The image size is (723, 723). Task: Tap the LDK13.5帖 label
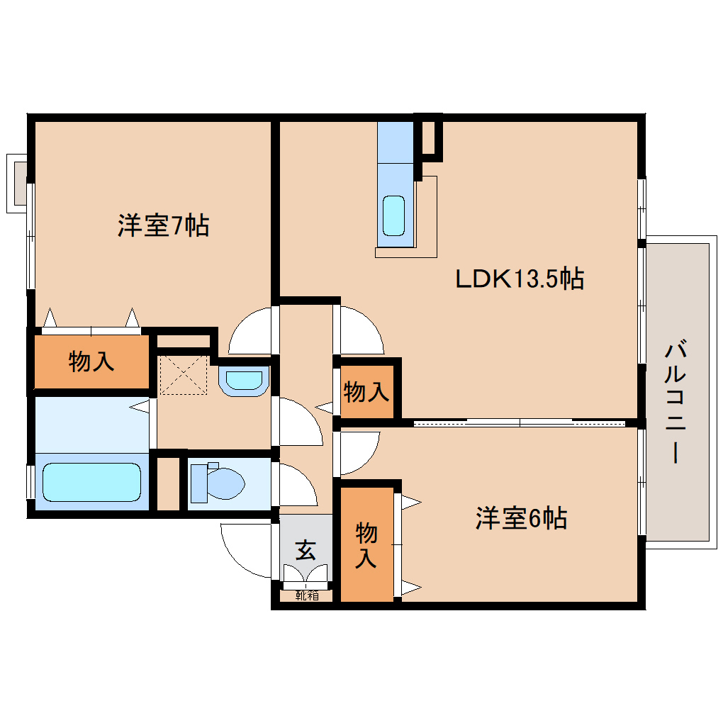click(519, 279)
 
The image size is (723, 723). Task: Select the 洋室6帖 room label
click(521, 519)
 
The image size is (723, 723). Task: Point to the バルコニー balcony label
click(676, 403)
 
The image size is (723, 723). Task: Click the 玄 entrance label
click(306, 549)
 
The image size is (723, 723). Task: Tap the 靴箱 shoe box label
click(307, 596)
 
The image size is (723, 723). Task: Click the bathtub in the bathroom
click(92, 482)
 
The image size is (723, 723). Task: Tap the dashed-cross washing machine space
click(184, 375)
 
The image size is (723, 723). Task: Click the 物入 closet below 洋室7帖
click(91, 361)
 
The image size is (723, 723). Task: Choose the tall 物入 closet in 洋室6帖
click(366, 544)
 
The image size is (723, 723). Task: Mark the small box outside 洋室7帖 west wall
click(17, 182)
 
